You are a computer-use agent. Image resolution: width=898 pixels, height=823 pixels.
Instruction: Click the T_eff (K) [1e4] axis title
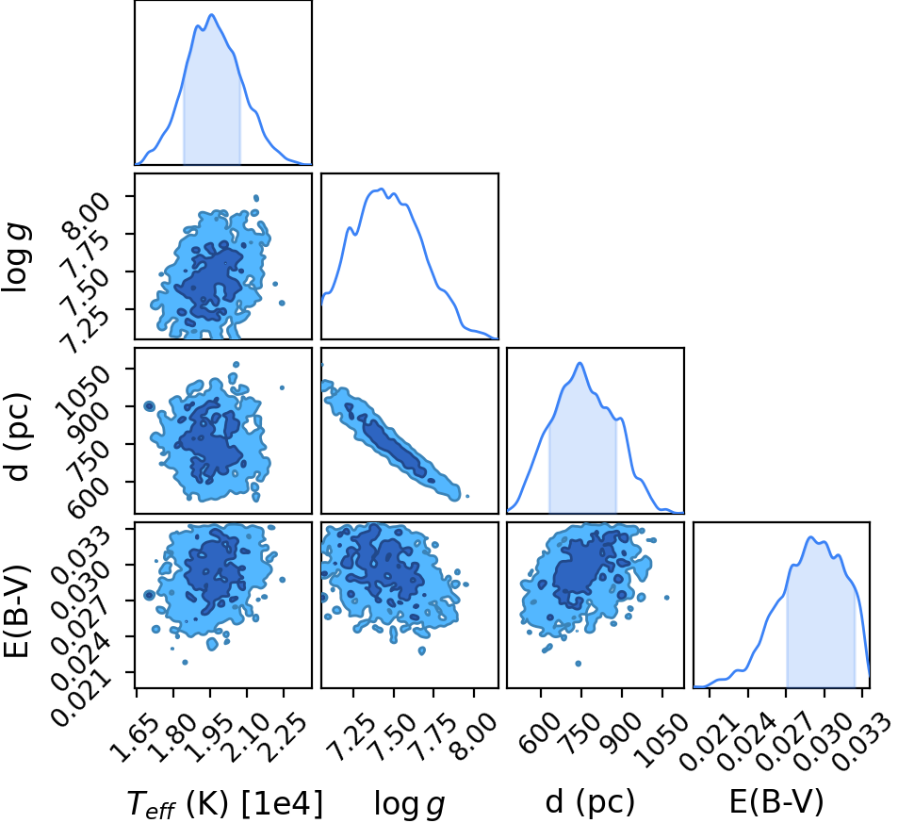coord(224,802)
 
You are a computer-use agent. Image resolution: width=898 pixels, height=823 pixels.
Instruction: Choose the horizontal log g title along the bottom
coord(410,803)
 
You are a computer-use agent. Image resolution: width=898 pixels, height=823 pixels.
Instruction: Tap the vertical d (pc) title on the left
coord(17,436)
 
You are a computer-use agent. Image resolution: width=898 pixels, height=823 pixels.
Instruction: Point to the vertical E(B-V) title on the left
coord(17,611)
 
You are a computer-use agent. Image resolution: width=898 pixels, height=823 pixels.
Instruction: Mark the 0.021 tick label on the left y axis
coord(80,695)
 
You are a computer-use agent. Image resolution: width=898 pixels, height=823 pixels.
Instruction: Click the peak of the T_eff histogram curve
coord(212,14)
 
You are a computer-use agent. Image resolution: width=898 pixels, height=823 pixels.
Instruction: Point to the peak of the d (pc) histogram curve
coord(580,363)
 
